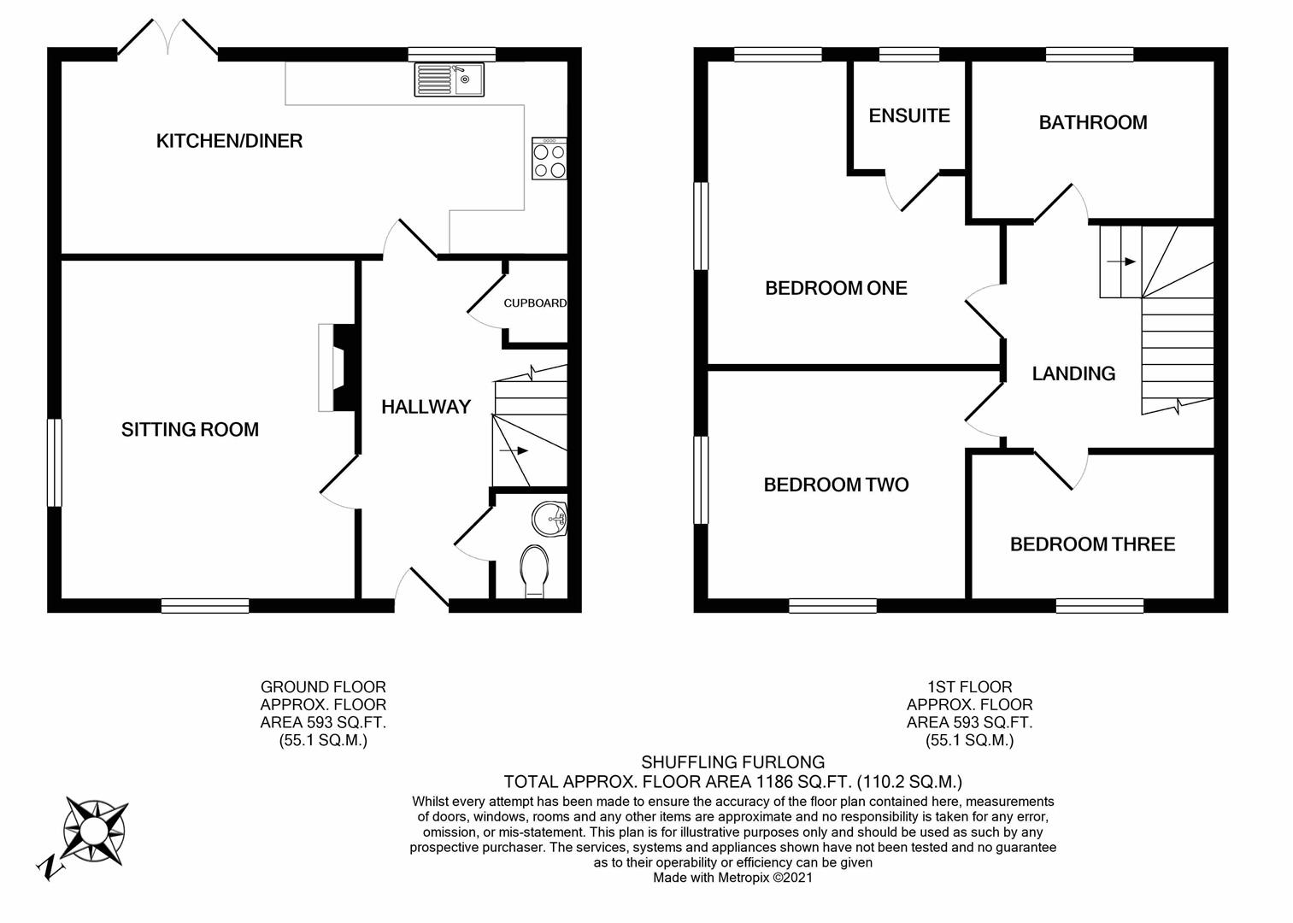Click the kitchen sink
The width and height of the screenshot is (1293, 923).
click(449, 79)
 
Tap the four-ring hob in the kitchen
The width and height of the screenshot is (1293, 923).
click(549, 159)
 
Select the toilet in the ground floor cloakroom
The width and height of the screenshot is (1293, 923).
click(535, 570)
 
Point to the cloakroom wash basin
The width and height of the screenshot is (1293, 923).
click(550, 517)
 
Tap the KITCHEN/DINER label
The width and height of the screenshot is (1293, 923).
click(229, 141)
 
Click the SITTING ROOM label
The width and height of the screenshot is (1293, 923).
click(190, 429)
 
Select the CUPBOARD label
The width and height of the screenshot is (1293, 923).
click(535, 303)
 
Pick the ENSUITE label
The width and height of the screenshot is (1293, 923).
click(909, 115)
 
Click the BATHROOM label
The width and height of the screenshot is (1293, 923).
click(1092, 122)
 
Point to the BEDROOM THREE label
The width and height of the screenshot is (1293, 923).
click(1092, 544)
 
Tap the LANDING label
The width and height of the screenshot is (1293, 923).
click(1073, 373)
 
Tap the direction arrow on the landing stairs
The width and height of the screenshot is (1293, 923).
click(1121, 262)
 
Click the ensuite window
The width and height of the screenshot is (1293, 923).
click(909, 55)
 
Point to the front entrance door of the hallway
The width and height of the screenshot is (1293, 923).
click(422, 590)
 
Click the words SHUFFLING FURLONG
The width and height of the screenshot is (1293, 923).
click(732, 761)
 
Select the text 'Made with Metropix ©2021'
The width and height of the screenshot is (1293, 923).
click(732, 878)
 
